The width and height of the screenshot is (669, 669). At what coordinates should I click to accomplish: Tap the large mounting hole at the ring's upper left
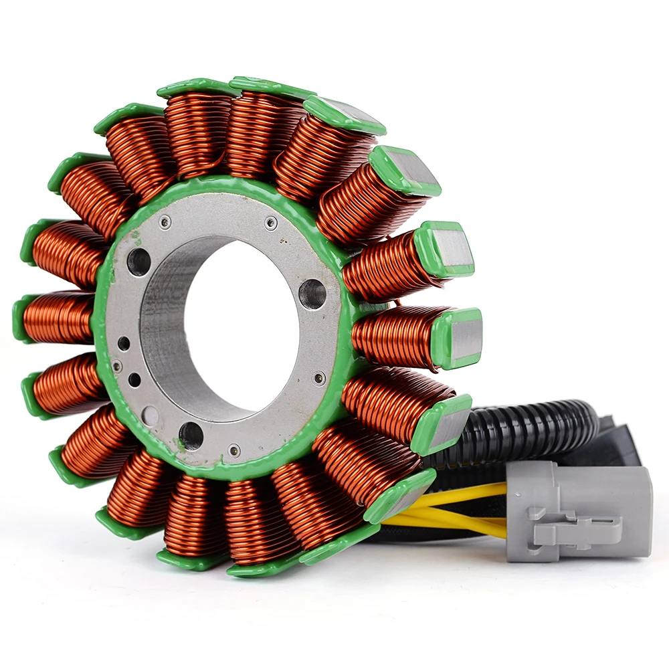pyautogui.click(x=138, y=261)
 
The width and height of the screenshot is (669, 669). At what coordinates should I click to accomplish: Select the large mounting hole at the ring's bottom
pyautogui.click(x=191, y=436)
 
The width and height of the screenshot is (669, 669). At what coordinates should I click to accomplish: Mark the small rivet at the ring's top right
pyautogui.click(x=271, y=223)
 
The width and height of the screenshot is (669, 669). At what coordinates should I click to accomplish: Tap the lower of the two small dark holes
pyautogui.click(x=134, y=380)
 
